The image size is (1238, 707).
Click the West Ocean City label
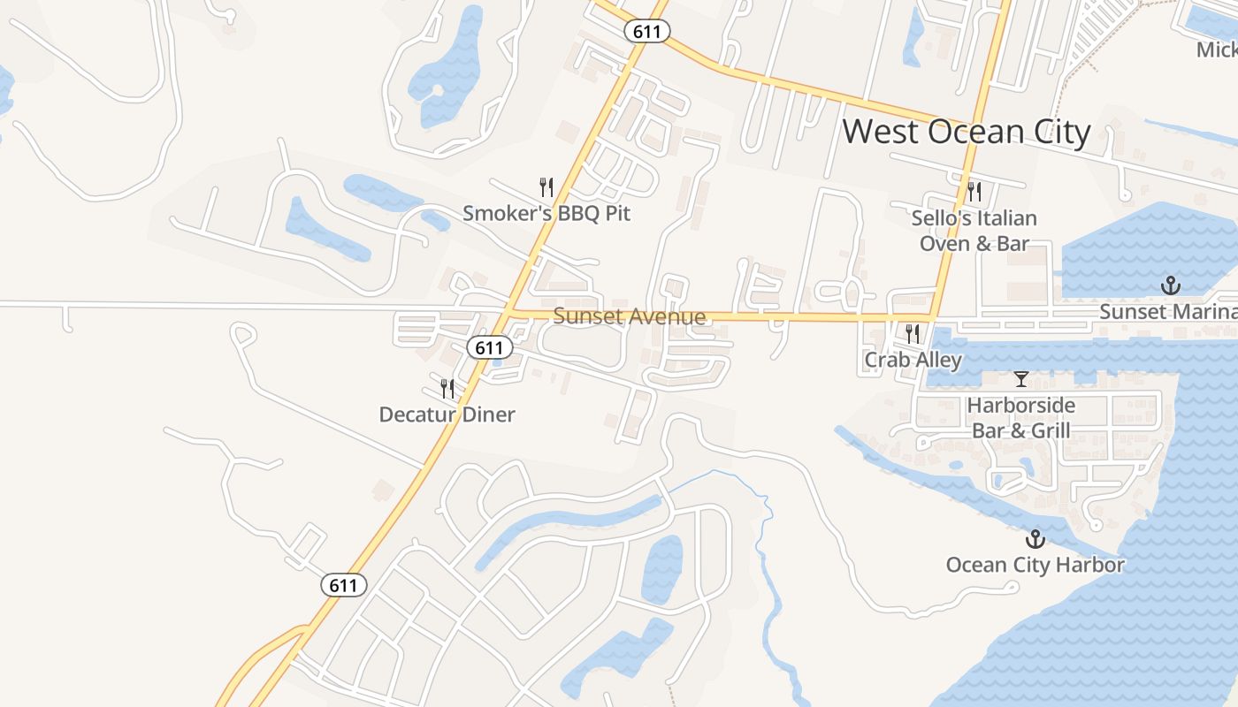pos(966,132)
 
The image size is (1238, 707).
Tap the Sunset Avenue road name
pos(629,316)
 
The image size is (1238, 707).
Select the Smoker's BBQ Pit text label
pos(546,213)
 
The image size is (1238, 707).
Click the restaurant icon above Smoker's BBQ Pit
pos(546,187)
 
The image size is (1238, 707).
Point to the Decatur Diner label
pos(447,414)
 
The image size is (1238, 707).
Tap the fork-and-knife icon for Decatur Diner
pos(447,389)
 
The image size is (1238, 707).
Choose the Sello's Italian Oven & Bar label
pos(974,230)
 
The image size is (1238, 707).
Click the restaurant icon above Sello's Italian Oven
pos(974,191)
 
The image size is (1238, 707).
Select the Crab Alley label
pos(913,360)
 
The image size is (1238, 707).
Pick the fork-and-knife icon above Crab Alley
pos(913,334)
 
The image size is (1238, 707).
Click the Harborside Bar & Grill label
pos(1021,418)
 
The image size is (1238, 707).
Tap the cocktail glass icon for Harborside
pos(1021,379)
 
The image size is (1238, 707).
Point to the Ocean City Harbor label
pos(1035,565)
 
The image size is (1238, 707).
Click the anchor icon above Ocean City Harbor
pos(1035,539)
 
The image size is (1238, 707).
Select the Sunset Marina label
pos(1167,312)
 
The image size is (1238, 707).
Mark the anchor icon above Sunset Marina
pos(1171,285)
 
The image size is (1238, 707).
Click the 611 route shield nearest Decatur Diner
pos(489,347)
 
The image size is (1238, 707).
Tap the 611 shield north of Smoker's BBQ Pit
pos(646,31)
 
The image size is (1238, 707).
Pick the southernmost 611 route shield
pos(343,585)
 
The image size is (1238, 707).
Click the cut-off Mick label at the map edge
pos(1217,49)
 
